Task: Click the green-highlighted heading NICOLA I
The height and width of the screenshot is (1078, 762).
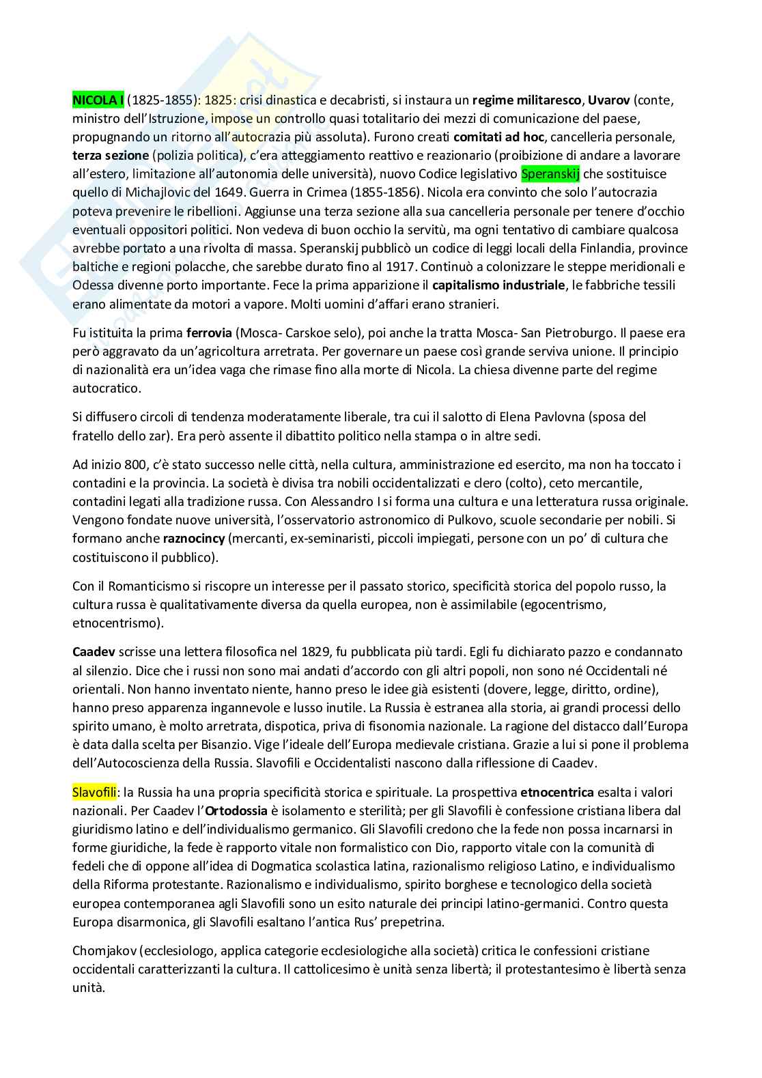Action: pos(98,100)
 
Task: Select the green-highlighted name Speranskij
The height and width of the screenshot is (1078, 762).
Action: pos(550,174)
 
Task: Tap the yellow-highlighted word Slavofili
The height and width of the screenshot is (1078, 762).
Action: pos(94,793)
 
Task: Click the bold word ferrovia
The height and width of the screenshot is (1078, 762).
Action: pos(208,333)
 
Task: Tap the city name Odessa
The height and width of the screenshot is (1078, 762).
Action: pos(92,285)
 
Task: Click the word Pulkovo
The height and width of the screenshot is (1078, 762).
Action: pos(448,520)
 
